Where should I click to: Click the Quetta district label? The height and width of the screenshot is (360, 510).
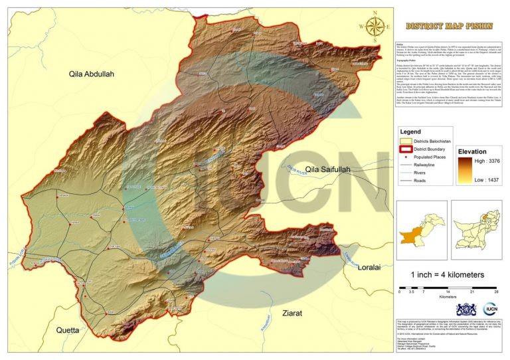tap(68, 329)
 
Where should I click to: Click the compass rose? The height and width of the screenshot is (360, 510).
tap(375, 27)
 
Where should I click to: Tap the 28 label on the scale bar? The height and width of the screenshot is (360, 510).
tap(496, 291)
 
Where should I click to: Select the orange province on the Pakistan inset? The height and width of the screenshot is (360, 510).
tap(408, 234)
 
